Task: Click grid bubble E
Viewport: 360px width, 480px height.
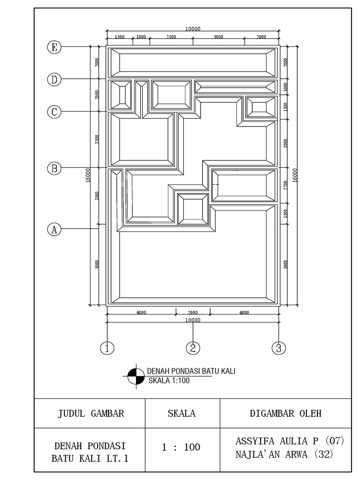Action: pyautogui.click(x=55, y=47)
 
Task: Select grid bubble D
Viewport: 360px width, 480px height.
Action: pyautogui.click(x=55, y=79)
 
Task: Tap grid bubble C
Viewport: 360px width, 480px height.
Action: pyautogui.click(x=55, y=112)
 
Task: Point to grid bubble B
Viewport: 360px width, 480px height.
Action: pyautogui.click(x=55, y=168)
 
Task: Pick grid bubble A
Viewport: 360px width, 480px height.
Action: pyautogui.click(x=55, y=229)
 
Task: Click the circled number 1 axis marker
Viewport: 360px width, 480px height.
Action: pyautogui.click(x=107, y=347)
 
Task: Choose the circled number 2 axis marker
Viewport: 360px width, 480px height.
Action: pyautogui.click(x=193, y=347)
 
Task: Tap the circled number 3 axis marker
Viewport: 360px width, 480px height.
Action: pyautogui.click(x=278, y=347)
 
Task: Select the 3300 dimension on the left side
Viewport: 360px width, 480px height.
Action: pyautogui.click(x=97, y=139)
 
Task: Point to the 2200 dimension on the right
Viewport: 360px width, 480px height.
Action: pyautogui.click(x=285, y=185)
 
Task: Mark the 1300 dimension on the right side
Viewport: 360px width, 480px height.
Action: pyautogui.click(x=285, y=214)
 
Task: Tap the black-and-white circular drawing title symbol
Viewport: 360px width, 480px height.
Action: pyautogui.click(x=136, y=375)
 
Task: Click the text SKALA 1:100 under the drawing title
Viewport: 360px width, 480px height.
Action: pyautogui.click(x=169, y=381)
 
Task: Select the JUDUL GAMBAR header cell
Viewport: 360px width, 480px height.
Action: pyautogui.click(x=90, y=413)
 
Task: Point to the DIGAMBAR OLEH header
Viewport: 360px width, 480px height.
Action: pyautogui.click(x=286, y=413)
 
